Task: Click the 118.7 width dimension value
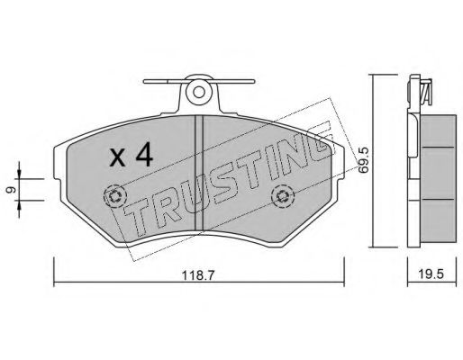[198, 275]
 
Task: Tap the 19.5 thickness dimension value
[431, 274]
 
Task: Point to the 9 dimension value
[12, 190]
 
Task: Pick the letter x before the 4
[117, 158]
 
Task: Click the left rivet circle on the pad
[114, 196]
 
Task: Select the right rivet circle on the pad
[282, 196]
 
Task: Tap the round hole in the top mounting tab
[198, 92]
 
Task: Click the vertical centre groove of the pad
[199, 174]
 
